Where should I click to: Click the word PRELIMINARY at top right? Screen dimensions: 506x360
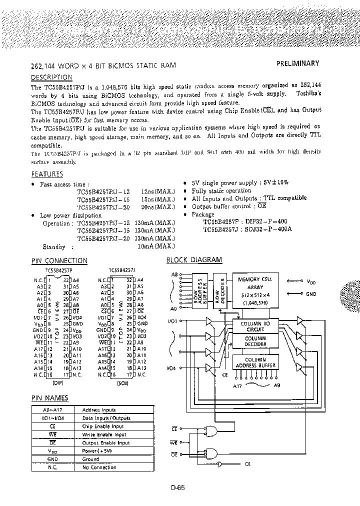(297, 63)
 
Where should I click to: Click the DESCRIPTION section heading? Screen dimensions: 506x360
(51, 77)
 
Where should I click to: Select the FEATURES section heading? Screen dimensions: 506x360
(47, 174)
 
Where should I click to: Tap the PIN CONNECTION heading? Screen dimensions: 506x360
(59, 260)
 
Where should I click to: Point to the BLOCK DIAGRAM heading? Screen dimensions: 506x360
(194, 260)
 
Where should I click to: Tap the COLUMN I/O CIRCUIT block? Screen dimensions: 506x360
(255, 326)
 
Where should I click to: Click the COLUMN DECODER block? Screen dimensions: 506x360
(255, 341)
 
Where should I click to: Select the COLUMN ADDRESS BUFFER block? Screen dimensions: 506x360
(255, 361)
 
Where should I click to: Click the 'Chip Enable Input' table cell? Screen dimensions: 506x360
(103, 426)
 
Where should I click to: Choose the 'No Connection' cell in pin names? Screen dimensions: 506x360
(99, 467)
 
